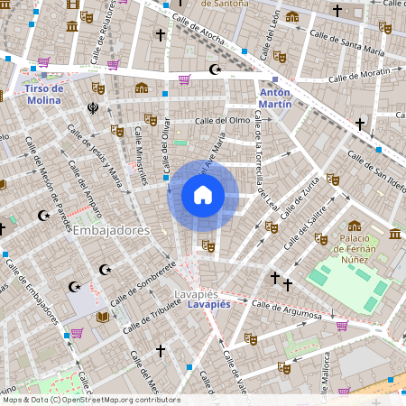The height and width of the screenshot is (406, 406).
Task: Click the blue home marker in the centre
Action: coord(203,194)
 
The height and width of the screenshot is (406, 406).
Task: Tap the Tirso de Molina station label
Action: coord(43,94)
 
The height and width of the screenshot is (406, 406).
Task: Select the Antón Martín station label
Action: coord(275,97)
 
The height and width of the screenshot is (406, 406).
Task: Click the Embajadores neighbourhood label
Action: coord(112,230)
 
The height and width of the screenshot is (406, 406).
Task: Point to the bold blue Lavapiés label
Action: coord(210,305)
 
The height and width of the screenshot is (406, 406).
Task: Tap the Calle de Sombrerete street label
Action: coord(143,285)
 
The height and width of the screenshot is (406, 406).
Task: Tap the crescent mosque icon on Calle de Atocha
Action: coord(215,69)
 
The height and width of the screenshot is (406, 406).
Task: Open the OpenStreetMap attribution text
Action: coord(90,400)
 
